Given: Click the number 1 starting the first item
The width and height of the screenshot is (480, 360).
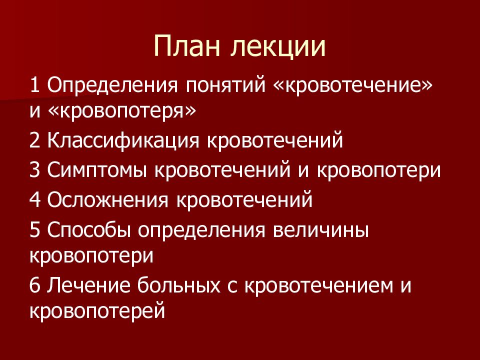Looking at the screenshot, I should tap(35, 84).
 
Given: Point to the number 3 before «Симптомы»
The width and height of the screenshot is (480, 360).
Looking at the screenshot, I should tap(35, 170).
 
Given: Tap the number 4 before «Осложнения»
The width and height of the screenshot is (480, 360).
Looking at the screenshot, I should tap(35, 200).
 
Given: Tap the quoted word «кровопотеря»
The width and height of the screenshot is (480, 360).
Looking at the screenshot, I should tap(122, 111).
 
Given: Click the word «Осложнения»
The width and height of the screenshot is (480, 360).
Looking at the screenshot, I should tap(107, 200).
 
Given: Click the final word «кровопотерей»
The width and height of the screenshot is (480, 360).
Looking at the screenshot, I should tap(97, 311).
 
